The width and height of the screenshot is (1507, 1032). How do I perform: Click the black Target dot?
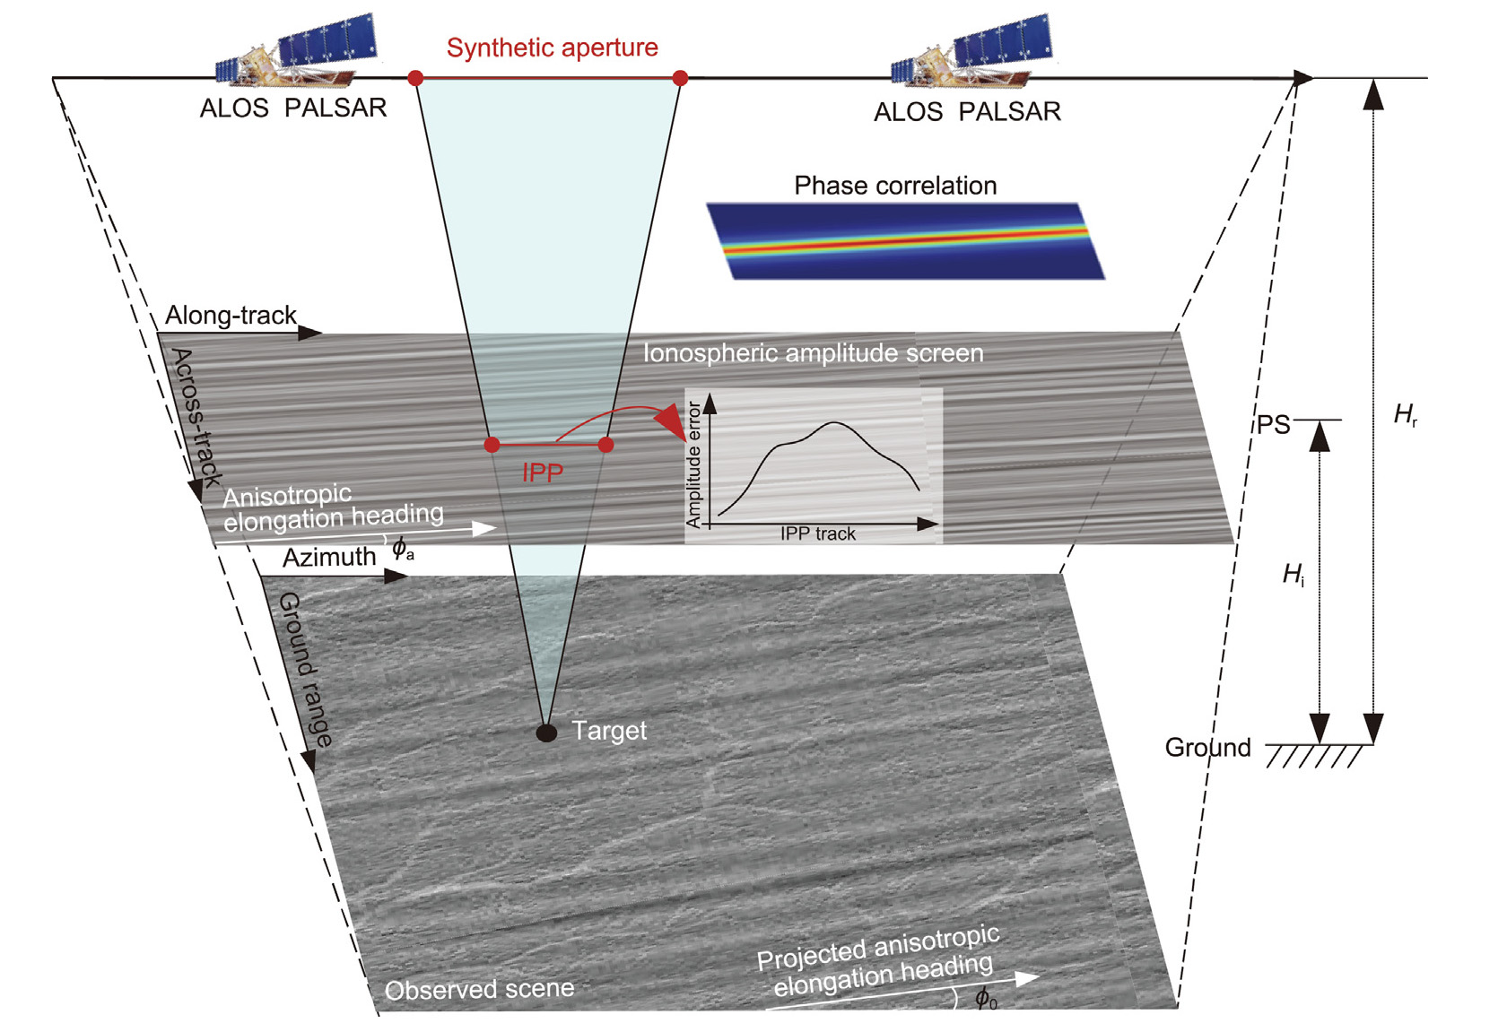[x=546, y=733]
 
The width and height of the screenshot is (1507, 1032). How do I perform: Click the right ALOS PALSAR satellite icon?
[x=971, y=56]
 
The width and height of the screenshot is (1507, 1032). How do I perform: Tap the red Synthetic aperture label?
[x=552, y=48]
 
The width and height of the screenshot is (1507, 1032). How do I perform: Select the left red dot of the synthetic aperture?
[x=415, y=78]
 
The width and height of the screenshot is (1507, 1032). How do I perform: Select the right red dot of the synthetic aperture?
[x=680, y=78]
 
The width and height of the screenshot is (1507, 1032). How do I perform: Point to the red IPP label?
[x=543, y=473]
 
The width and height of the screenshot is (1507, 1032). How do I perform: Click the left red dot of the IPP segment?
[x=492, y=445]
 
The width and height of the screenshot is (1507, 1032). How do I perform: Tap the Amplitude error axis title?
[x=693, y=464]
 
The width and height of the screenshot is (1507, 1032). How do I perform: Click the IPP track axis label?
[x=817, y=533]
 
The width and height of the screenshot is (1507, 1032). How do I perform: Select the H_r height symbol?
[x=1405, y=414]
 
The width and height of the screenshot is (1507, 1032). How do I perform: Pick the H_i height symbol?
[x=1294, y=574]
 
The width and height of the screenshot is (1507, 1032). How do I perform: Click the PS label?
[x=1273, y=424]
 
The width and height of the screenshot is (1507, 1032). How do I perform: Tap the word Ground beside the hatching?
[x=1207, y=747]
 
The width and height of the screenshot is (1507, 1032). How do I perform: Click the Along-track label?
[x=231, y=316]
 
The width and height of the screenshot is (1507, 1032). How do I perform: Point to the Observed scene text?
[x=479, y=989]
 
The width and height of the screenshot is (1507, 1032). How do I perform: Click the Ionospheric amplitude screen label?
[x=813, y=353]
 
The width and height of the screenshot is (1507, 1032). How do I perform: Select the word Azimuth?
[x=329, y=558]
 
